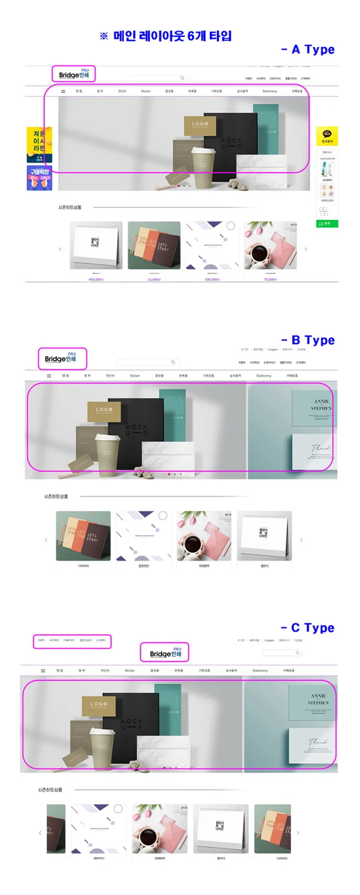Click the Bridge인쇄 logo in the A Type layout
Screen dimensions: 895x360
click(x=74, y=74)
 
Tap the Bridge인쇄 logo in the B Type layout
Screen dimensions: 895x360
click(x=61, y=358)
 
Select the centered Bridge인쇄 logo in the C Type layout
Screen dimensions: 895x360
click(x=165, y=652)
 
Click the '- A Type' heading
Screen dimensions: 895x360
click(x=308, y=49)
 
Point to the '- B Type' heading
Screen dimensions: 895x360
click(x=308, y=340)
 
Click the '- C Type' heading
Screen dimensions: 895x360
click(x=308, y=628)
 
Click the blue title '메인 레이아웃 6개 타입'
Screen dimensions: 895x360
click(x=166, y=36)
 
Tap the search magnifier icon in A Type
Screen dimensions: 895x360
click(x=182, y=78)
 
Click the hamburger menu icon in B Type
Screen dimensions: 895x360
click(x=49, y=376)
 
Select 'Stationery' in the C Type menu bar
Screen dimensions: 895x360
click(x=260, y=670)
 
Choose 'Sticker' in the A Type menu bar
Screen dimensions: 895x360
click(x=146, y=91)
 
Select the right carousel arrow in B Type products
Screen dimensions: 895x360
click(x=301, y=540)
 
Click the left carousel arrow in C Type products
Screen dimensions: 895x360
click(x=40, y=833)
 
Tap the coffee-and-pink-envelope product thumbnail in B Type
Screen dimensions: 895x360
click(x=204, y=535)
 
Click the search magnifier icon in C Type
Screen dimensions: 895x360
click(x=297, y=652)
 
